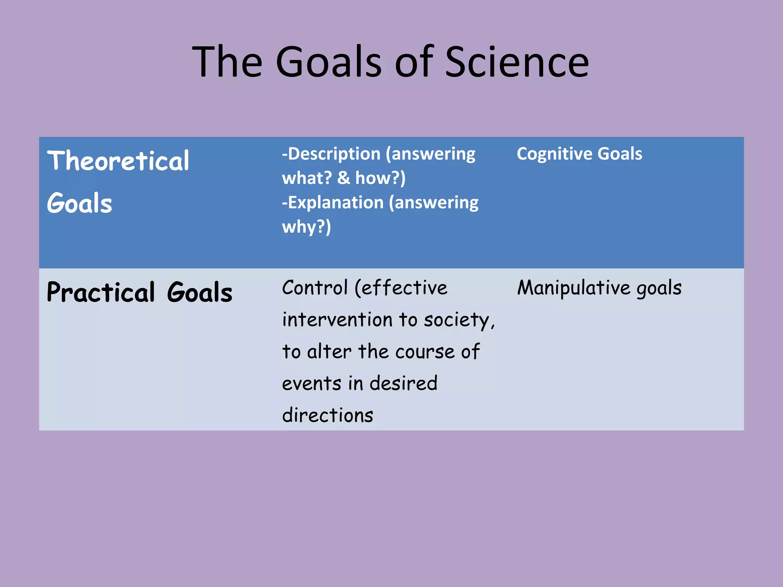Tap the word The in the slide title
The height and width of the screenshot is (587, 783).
(x=227, y=62)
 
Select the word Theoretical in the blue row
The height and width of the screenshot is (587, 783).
(x=118, y=161)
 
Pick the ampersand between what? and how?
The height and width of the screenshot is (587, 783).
(x=343, y=178)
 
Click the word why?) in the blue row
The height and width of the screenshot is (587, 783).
(x=306, y=227)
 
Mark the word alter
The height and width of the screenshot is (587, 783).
(x=329, y=352)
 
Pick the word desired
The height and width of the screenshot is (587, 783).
(x=403, y=383)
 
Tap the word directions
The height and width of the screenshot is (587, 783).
(x=328, y=415)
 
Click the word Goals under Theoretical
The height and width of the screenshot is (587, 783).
(x=80, y=203)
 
